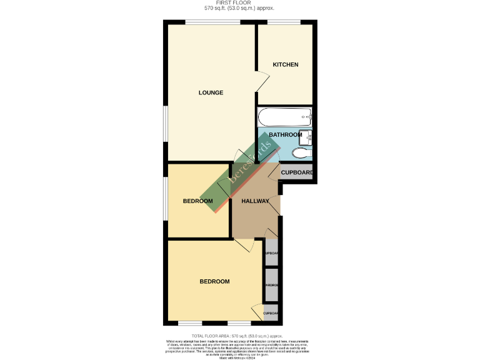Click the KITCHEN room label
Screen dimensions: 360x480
click(x=286, y=65)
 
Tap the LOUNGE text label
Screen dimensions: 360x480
click(x=211, y=93)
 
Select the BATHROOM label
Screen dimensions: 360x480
click(x=285, y=135)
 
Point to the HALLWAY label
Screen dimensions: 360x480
click(x=256, y=201)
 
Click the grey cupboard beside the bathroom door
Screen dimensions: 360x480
click(x=296, y=173)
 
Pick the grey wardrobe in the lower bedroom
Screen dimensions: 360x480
click(x=271, y=285)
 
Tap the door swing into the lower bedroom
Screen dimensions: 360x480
click(x=244, y=245)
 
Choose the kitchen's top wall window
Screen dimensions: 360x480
click(x=284, y=23)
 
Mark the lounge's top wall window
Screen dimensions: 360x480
click(x=212, y=23)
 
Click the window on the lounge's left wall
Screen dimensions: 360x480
click(x=166, y=131)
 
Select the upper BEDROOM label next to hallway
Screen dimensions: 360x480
click(x=197, y=201)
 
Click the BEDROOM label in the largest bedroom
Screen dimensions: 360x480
click(x=214, y=282)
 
